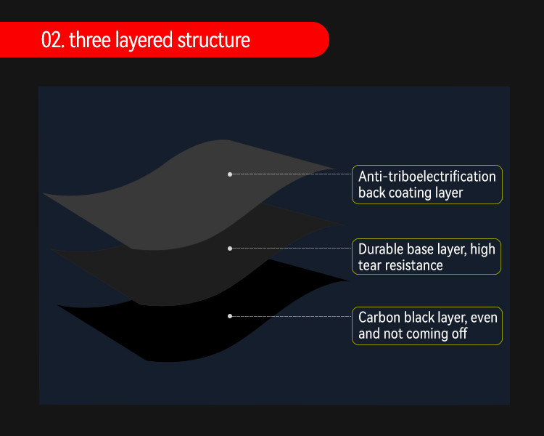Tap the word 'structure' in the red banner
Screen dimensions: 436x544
click(x=214, y=40)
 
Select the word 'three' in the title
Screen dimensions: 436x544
click(x=85, y=40)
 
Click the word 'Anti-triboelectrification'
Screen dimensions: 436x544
click(x=427, y=176)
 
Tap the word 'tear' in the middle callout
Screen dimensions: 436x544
click(x=369, y=265)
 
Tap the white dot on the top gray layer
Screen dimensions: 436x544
click(x=230, y=174)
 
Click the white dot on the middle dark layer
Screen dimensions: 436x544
click(x=230, y=249)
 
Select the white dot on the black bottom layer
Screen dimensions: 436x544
click(x=230, y=316)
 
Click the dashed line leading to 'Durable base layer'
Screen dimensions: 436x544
click(x=290, y=249)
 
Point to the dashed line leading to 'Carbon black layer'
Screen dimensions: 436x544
click(x=290, y=316)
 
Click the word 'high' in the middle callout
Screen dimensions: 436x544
click(x=482, y=249)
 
